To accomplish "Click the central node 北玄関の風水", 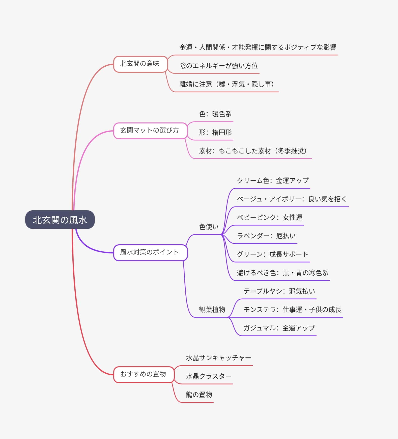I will pyautogui.click(x=60, y=220).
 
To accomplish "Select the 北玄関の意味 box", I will pyautogui.click(x=140, y=64).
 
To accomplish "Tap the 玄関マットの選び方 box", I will pyautogui.click(x=150, y=131).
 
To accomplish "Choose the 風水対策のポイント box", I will pyautogui.click(x=150, y=252).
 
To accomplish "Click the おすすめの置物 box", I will pyautogui.click(x=143, y=374).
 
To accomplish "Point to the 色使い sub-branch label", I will pyautogui.click(x=209, y=227).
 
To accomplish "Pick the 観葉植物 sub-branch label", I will pyautogui.click(x=212, y=309).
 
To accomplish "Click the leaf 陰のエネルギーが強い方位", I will pyautogui.click(x=218, y=66).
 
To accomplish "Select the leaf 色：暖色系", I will pyautogui.click(x=215, y=114).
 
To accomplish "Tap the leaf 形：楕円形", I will pyautogui.click(x=215, y=133).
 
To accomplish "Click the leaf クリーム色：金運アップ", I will pyautogui.click(x=273, y=181).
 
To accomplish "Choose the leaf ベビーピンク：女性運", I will pyautogui.click(x=269, y=218).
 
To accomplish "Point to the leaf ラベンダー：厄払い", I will pyautogui.click(x=266, y=236).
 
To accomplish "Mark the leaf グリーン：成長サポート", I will pyautogui.click(x=272, y=254).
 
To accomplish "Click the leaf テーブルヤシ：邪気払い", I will pyautogui.click(x=279, y=291).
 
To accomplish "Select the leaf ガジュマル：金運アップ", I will pyautogui.click(x=279, y=328).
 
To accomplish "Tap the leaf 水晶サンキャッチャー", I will pyautogui.click(x=218, y=358).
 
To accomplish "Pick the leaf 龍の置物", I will pyautogui.click(x=199, y=395).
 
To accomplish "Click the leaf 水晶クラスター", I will pyautogui.click(x=209, y=376).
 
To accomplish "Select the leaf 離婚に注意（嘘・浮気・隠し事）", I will pyautogui.click(x=227, y=84).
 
